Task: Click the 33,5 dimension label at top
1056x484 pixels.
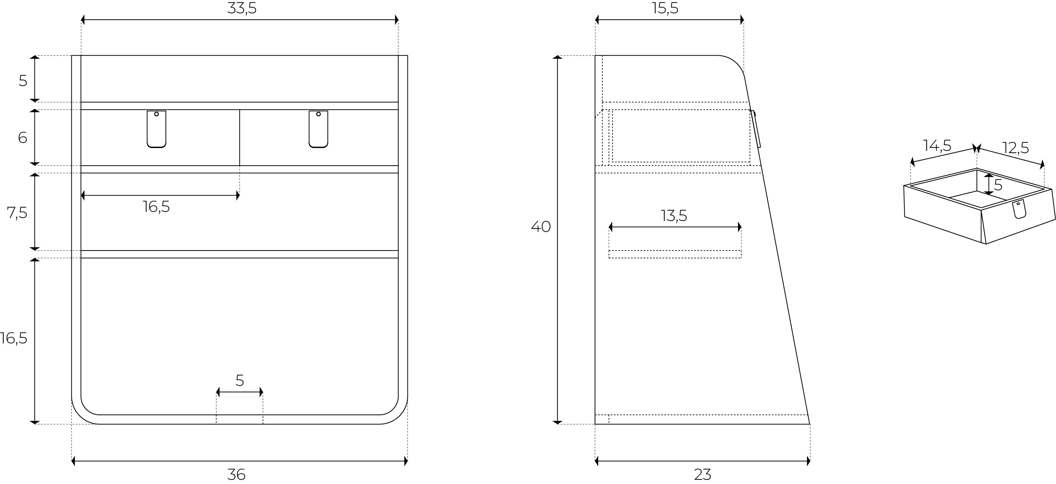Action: (242, 9)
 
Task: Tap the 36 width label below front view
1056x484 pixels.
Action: (236, 475)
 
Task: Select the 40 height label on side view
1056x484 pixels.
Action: (541, 227)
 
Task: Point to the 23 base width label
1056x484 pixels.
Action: (703, 475)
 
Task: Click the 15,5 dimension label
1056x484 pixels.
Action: (665, 9)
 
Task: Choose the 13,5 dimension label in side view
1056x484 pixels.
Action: (674, 216)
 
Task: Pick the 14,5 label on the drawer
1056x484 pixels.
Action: (937, 146)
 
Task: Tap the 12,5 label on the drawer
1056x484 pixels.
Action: (1015, 147)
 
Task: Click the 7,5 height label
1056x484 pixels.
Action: (17, 213)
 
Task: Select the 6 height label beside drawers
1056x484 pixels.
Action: (22, 138)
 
